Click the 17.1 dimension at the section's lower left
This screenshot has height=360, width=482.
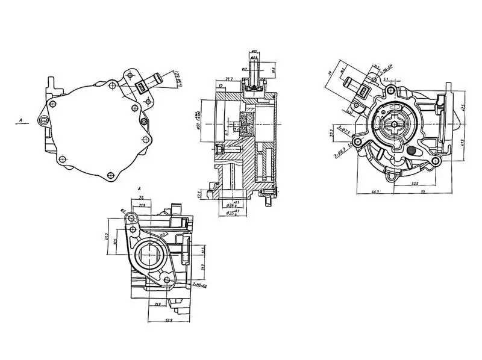pos(200,194)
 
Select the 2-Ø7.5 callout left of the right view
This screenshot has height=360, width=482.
pos(345,129)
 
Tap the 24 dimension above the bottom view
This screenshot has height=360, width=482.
pos(140,197)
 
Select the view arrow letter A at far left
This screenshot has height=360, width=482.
pos(20,121)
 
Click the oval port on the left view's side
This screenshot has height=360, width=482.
pos(44,121)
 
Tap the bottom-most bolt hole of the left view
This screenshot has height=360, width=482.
pos(109,175)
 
